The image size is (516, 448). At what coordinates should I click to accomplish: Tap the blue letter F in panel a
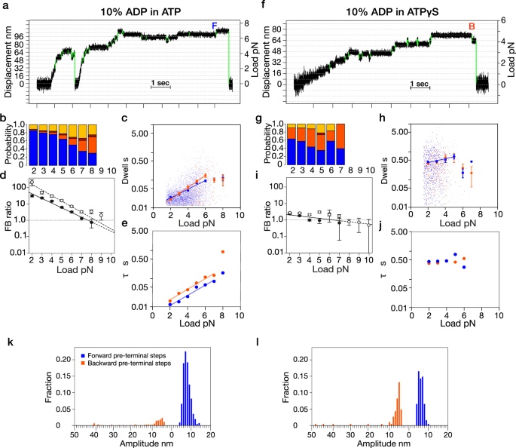coord(214,26)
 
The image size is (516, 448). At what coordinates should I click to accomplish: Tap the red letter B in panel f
coord(472,26)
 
